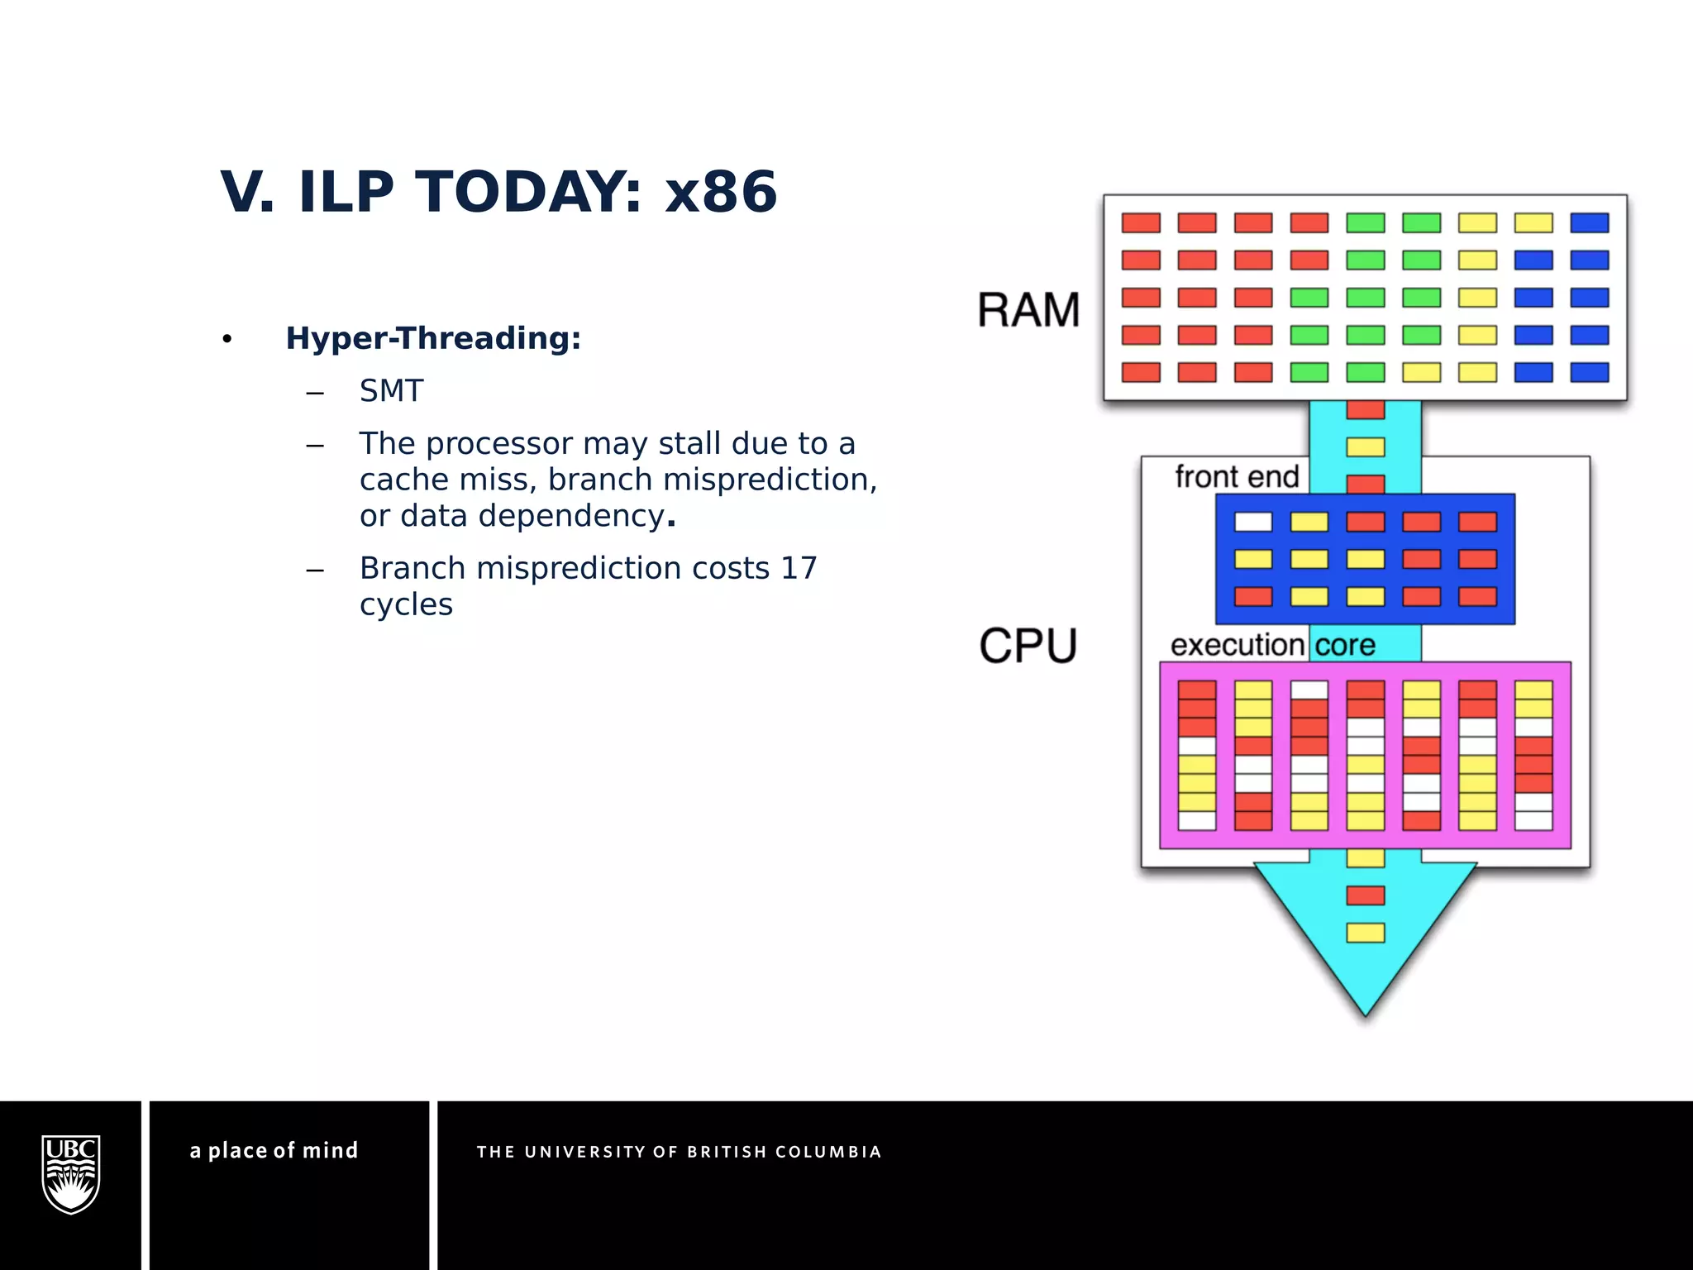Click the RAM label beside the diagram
[1028, 310]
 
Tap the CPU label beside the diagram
[1028, 646]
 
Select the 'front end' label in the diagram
[1237, 477]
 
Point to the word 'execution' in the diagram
[1237, 645]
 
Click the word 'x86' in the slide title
[721, 192]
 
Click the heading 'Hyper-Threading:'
[433, 338]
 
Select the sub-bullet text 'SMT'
[391, 391]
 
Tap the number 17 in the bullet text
[799, 568]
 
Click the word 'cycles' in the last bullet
[406, 604]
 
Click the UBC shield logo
[71, 1174]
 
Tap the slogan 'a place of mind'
[274, 1150]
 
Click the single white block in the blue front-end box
[1253, 522]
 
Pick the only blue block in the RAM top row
[1589, 222]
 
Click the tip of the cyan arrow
[1366, 1013]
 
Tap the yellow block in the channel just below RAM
[1366, 447]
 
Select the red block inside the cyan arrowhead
[1366, 895]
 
